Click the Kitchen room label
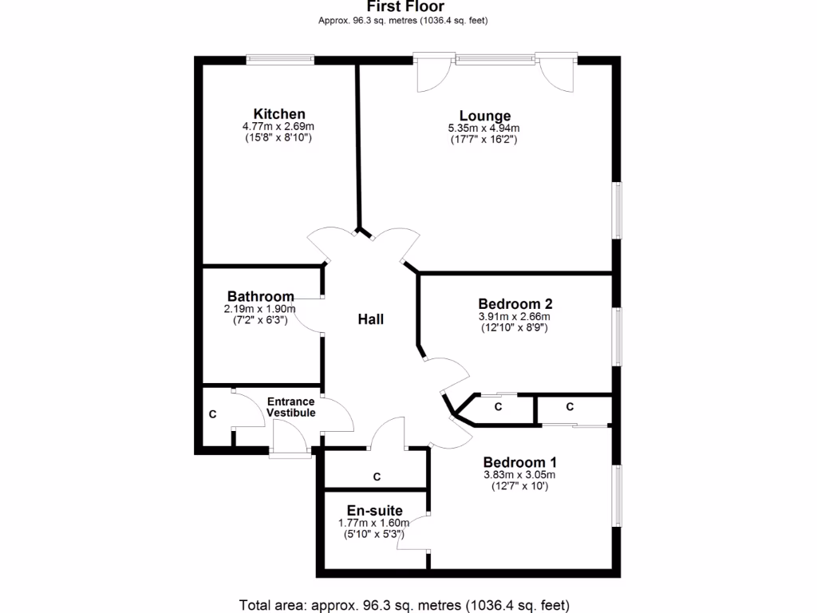pyautogui.click(x=279, y=114)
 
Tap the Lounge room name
pyautogui.click(x=484, y=116)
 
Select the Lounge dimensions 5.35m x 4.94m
pyautogui.click(x=484, y=128)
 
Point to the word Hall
pyautogui.click(x=371, y=319)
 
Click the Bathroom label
pyautogui.click(x=260, y=297)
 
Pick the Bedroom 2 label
pyautogui.click(x=515, y=304)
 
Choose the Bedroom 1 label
pyautogui.click(x=520, y=462)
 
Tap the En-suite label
pyautogui.click(x=374, y=511)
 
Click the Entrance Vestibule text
pyautogui.click(x=291, y=407)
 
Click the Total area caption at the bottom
pyautogui.click(x=405, y=604)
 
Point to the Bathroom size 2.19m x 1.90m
pyautogui.click(x=260, y=309)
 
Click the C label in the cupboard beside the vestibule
pyautogui.click(x=212, y=415)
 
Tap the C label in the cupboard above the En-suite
pyautogui.click(x=377, y=477)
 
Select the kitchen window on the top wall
pyautogui.click(x=280, y=58)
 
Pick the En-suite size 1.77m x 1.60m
pyautogui.click(x=374, y=523)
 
